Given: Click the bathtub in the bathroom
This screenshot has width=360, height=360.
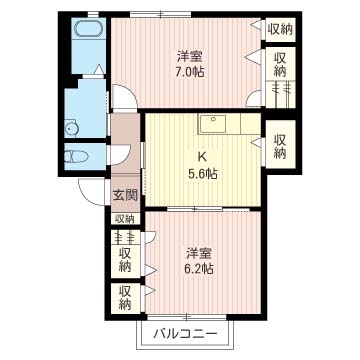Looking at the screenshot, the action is [x=88, y=29].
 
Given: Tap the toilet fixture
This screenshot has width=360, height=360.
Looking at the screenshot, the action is [x=76, y=157].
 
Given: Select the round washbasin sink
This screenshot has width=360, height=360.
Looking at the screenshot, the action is [x=71, y=128].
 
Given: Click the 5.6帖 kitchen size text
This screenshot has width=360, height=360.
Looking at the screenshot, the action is [x=204, y=173].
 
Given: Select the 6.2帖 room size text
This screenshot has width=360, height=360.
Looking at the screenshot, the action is [x=199, y=268].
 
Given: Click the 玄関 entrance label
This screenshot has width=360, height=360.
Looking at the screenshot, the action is [x=125, y=195].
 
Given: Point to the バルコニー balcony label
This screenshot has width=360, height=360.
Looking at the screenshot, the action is [x=186, y=333].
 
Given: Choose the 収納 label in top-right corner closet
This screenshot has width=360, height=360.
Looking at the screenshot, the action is [x=280, y=30].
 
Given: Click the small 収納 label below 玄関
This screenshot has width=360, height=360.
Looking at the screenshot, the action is [x=125, y=219].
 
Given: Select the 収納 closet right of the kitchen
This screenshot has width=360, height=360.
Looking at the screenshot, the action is [x=280, y=147].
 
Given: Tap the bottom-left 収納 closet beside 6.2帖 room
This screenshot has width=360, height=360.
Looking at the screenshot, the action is [x=125, y=298].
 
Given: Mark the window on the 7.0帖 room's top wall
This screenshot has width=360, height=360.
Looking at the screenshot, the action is [x=161, y=14].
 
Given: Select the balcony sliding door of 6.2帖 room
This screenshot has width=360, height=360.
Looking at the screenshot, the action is [x=187, y=317].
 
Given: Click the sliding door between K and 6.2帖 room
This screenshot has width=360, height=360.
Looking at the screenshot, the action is [x=208, y=209].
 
